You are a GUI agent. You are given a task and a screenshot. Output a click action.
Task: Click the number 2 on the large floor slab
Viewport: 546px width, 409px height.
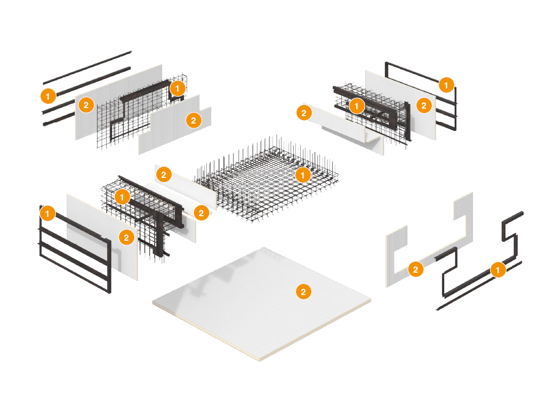[303, 292]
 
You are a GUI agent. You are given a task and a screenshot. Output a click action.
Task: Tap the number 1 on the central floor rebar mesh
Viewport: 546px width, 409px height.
[303, 175]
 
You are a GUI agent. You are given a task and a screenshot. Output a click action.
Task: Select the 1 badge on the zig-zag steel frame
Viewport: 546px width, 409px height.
[498, 269]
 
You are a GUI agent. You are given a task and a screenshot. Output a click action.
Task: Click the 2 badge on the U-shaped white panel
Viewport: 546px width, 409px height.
[415, 269]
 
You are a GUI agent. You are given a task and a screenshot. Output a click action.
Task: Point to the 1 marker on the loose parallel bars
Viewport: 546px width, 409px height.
[48, 96]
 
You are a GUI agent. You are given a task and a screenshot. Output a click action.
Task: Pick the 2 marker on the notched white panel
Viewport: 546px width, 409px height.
[194, 120]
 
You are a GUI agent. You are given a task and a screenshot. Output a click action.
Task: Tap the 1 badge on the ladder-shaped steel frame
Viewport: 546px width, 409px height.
[47, 213]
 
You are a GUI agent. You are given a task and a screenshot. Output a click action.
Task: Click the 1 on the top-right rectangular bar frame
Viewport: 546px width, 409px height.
[446, 85]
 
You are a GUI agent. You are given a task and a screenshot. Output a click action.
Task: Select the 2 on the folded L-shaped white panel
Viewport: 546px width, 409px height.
[304, 113]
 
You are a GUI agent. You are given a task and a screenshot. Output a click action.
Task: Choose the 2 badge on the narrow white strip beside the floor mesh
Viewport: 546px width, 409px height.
[164, 175]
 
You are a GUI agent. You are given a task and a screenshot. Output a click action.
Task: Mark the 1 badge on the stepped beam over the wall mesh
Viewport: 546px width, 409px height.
[177, 88]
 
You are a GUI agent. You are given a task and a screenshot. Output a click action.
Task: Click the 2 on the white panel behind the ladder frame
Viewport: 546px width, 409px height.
[126, 238]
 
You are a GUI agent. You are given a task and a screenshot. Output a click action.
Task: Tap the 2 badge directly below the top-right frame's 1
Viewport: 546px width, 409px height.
[424, 105]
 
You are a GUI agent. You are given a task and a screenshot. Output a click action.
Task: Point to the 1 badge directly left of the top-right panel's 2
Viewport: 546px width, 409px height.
[356, 106]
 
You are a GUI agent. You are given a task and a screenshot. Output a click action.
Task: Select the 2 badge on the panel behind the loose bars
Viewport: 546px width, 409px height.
[86, 105]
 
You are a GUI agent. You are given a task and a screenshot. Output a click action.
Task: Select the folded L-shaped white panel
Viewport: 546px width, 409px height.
[345, 129]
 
